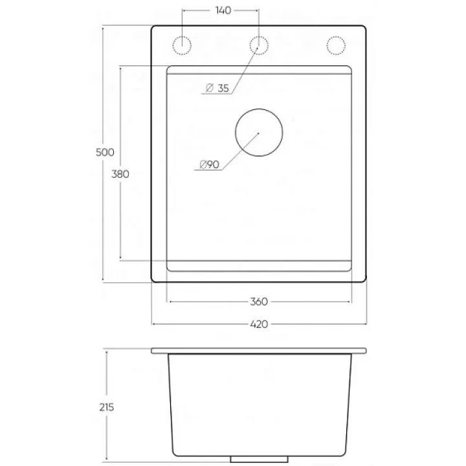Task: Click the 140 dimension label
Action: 223,10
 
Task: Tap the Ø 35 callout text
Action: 217,88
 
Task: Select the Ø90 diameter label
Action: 209,164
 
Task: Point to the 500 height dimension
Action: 105,152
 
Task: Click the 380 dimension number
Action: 120,174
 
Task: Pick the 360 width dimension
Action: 259,302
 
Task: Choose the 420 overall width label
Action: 259,324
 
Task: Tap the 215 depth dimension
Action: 107,407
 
